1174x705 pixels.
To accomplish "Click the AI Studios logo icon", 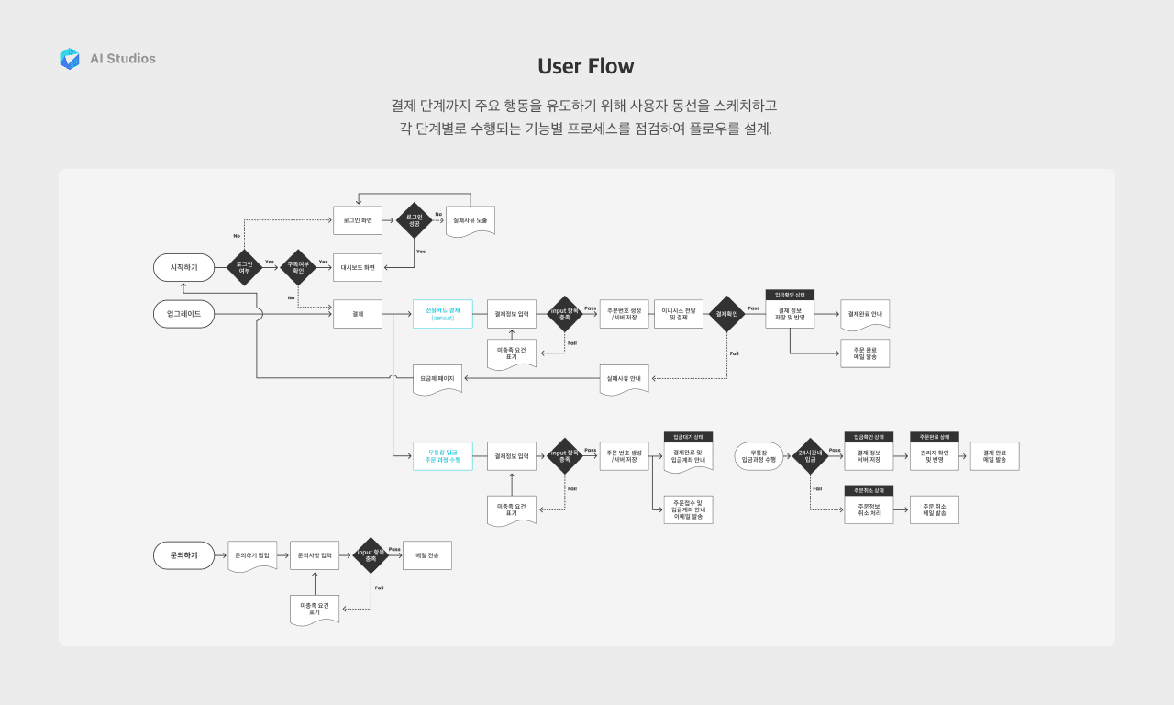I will point(70,59).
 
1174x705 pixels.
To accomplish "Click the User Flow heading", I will point(586,66).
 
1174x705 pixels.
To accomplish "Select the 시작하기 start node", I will point(183,267).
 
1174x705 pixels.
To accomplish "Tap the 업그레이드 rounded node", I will point(183,314).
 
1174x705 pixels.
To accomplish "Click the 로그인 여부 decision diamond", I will point(244,267).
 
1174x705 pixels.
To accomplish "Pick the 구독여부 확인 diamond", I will point(297,267).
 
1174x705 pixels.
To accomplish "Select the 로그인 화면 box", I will point(357,220).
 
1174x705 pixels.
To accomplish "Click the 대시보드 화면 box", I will point(357,267).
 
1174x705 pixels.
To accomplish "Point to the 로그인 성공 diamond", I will point(414,220).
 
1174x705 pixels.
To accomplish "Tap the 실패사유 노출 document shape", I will point(470,221).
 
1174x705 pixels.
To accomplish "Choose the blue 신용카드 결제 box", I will point(443,314).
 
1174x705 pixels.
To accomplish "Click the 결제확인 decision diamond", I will point(726,314).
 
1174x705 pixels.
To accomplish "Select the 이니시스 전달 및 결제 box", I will point(678,314).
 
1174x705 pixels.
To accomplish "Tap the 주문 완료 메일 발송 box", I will point(865,353).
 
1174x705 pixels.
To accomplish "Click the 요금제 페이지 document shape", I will point(437,379).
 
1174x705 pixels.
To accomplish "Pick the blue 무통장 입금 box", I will point(443,456).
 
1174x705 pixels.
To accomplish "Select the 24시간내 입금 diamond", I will point(810,456).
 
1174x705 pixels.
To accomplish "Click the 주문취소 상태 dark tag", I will point(868,490).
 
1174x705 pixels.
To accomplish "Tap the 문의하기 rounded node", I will point(183,555).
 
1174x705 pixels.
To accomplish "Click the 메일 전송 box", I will point(427,555).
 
